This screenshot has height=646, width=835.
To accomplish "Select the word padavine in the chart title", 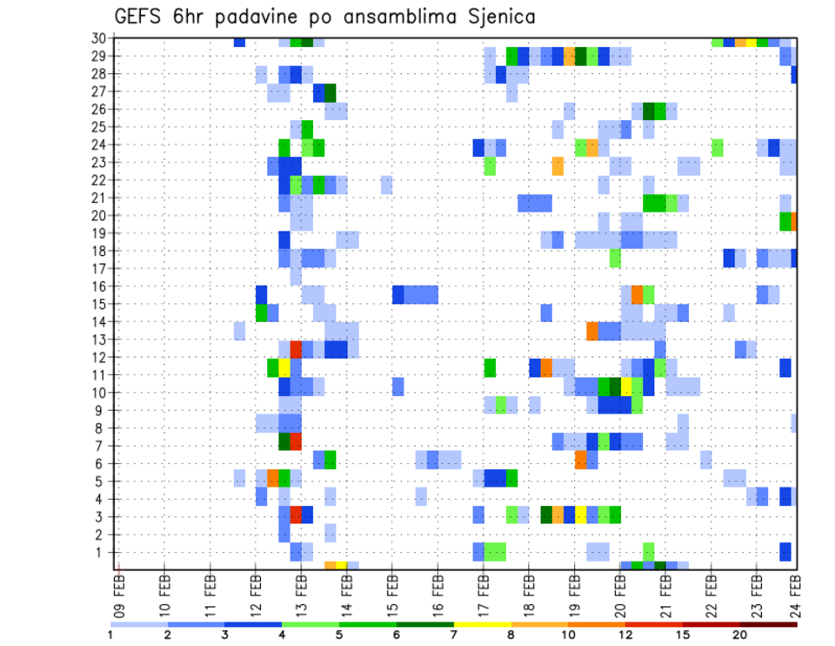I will tap(279, 17).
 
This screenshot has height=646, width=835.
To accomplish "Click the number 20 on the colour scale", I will tap(740, 634).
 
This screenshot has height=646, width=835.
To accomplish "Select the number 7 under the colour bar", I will tap(453, 634).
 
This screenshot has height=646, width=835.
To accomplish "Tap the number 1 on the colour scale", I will tap(110, 634).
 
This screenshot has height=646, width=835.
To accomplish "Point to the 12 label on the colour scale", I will tap(625, 634).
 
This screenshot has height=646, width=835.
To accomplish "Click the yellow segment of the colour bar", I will tap(482, 623).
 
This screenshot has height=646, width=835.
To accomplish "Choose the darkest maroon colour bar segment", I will tap(768, 623).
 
